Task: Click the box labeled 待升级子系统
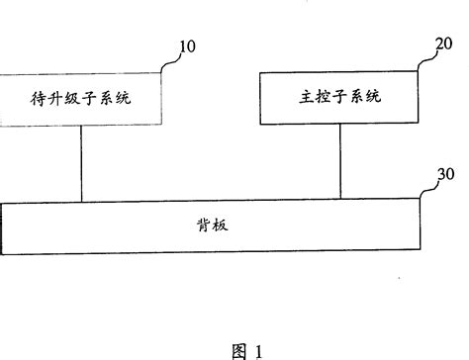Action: (x=79, y=99)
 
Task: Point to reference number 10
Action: (x=186, y=46)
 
